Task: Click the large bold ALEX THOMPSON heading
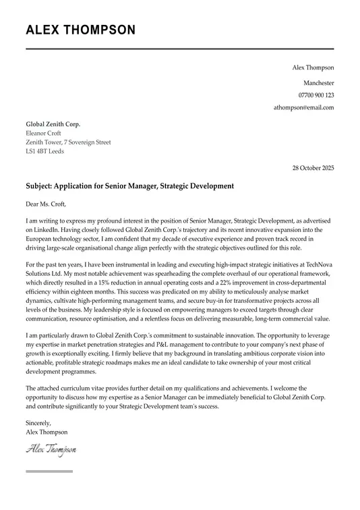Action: (x=80, y=30)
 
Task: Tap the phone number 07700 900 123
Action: (x=316, y=95)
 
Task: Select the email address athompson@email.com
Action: (x=303, y=108)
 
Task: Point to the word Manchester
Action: (x=318, y=82)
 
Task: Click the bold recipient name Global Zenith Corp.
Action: (x=53, y=124)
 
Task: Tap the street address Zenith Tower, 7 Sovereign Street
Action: (x=68, y=142)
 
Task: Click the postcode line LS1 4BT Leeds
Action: (x=45, y=152)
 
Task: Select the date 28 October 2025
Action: (x=313, y=168)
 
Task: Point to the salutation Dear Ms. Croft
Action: (x=47, y=204)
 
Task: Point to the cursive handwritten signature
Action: (x=51, y=449)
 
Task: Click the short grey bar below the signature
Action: (x=49, y=471)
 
